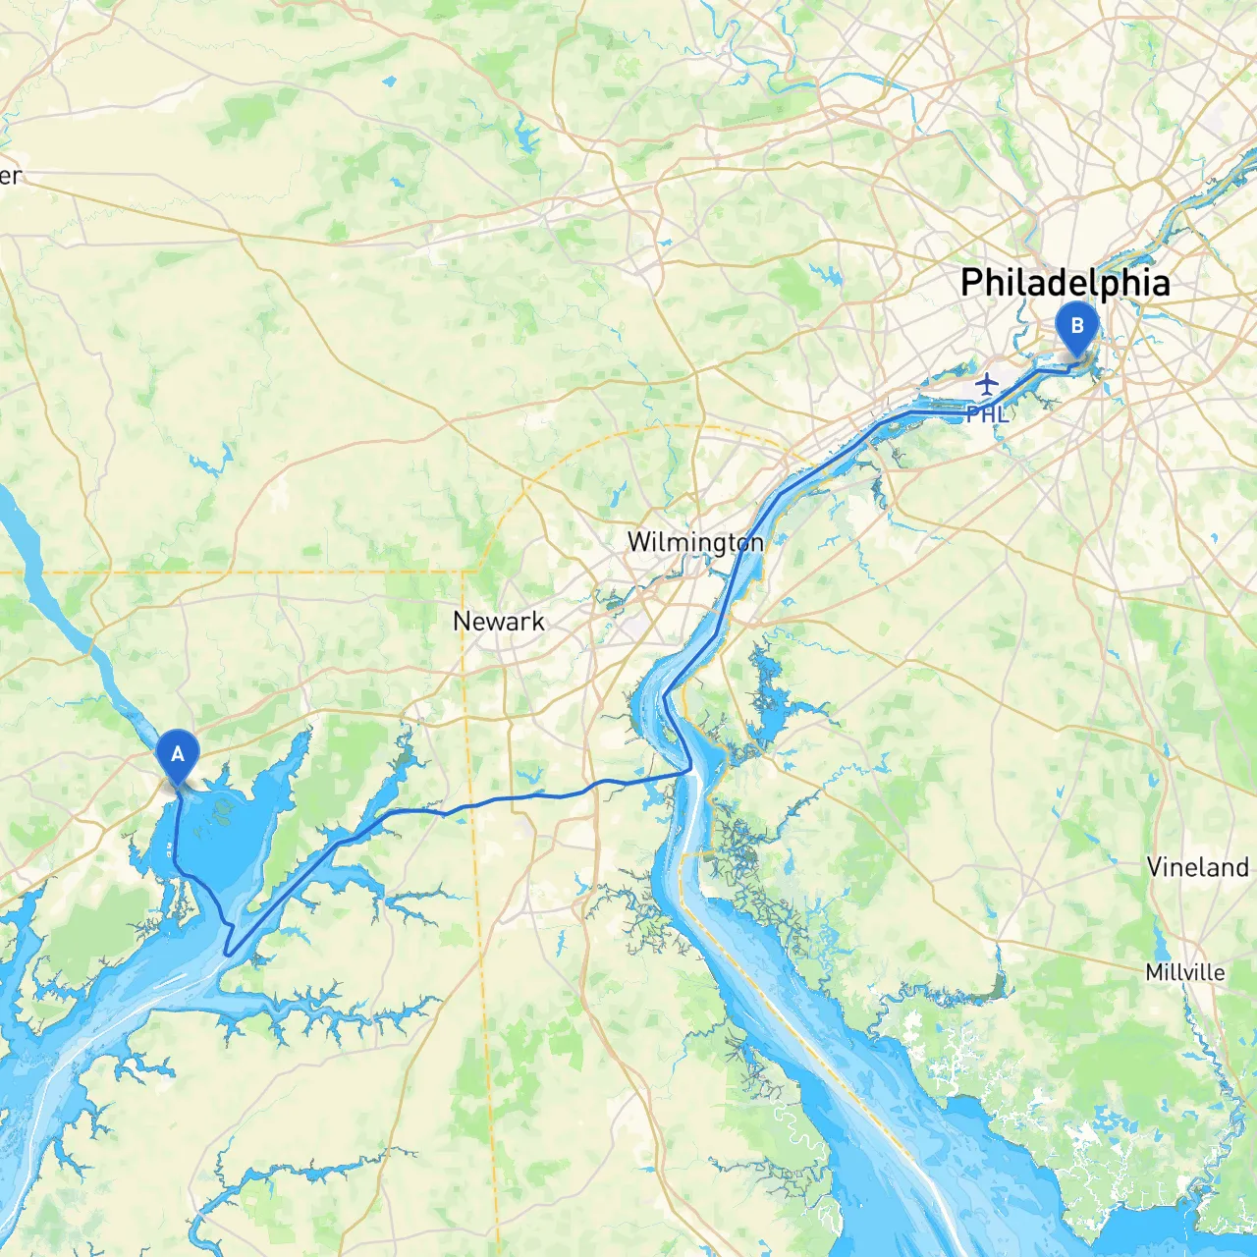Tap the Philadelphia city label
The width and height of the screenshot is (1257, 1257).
coord(1066,283)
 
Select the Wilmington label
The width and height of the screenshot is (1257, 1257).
coord(694,542)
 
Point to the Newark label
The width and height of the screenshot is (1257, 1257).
coord(499,622)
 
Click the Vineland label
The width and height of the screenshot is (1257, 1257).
coord(1198,867)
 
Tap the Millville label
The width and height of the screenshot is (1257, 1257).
coord(1185,972)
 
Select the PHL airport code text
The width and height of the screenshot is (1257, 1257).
coord(987,414)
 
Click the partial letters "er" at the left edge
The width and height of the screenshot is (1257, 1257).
coord(10,176)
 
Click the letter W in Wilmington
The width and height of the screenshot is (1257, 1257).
coord(638,542)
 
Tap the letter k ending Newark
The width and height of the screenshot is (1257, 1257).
coord(537,622)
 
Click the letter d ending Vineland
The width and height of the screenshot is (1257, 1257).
coord(1241,867)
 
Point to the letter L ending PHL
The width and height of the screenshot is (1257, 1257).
coord(1002,414)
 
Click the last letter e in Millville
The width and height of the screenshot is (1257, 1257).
coord(1219,973)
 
